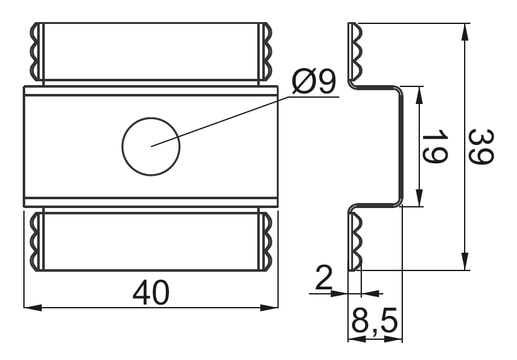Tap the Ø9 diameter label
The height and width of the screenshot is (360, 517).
pyautogui.click(x=313, y=81)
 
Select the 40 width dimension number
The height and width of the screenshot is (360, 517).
pyautogui.click(x=151, y=293)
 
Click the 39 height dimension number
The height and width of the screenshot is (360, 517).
pyautogui.click(x=482, y=146)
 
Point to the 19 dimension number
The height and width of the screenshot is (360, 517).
pyautogui.click(x=435, y=146)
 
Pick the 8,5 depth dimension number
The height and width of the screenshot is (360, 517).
pyautogui.click(x=375, y=321)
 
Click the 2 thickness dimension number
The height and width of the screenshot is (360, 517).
pyautogui.click(x=324, y=277)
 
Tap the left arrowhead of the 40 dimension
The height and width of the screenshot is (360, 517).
pyautogui.click(x=33, y=308)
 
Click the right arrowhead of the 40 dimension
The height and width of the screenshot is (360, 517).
pyautogui.click(x=269, y=308)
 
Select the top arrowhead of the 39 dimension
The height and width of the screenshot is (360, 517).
pyautogui.click(x=465, y=32)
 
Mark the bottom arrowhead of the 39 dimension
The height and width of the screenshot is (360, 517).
pyautogui.click(x=465, y=261)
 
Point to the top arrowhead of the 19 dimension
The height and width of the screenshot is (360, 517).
pyautogui.click(x=419, y=96)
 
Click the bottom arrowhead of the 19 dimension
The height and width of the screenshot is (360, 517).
pyautogui.click(x=419, y=197)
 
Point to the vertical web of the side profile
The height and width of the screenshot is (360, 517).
pyautogui.click(x=401, y=146)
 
